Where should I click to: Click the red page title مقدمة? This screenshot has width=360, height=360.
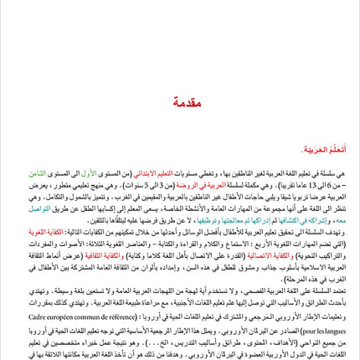coord(187,102)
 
